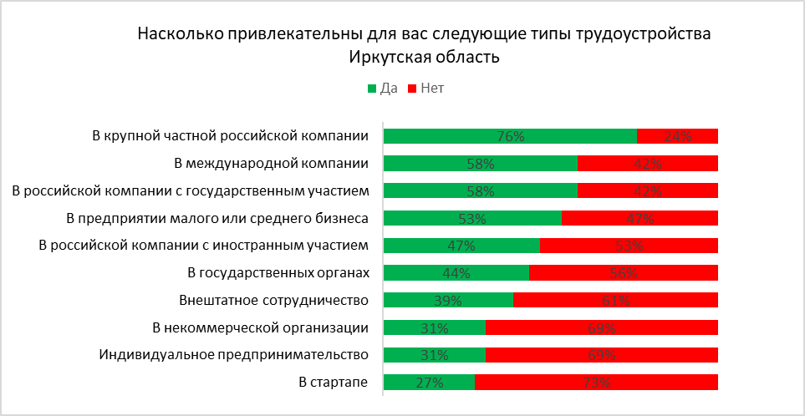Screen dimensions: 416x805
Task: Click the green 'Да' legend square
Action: point(371,88)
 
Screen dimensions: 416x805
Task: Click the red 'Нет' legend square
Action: point(411,88)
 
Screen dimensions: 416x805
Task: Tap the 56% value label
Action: point(623,273)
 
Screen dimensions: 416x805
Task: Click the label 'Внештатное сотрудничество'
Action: point(274,301)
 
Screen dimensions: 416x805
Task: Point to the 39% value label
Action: point(447,301)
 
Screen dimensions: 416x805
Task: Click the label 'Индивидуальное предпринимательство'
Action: point(234,355)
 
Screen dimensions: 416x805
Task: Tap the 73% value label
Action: point(595,383)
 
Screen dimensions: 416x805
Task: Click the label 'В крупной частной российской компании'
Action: point(230,136)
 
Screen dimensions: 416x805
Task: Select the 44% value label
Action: point(456,273)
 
